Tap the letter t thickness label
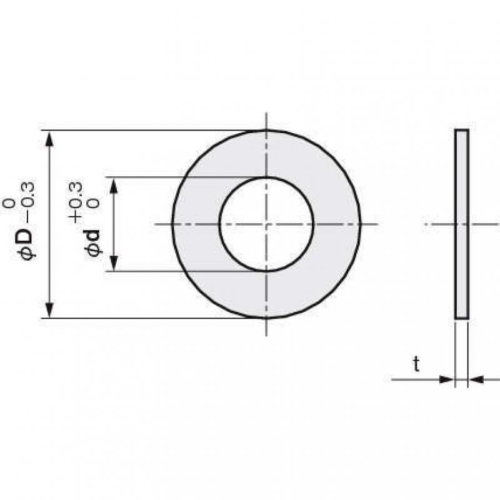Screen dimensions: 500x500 pos(416,364)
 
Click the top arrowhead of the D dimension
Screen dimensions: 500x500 pos(49,139)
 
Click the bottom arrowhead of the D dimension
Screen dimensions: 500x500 pos(49,309)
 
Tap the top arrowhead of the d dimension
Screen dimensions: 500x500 pos(114,186)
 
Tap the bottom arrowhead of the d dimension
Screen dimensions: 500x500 pos(114,262)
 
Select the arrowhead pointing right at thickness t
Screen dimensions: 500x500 pos(446,379)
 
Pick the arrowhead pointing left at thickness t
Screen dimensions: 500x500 pos(476,379)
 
